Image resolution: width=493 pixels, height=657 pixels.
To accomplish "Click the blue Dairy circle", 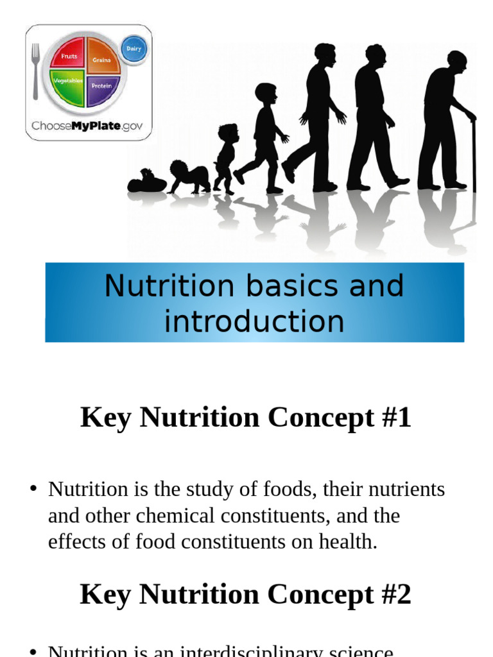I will click(134, 49).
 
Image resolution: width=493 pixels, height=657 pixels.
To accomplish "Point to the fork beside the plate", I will click(35, 71).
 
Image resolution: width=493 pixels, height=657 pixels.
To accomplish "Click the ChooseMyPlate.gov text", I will click(87, 126).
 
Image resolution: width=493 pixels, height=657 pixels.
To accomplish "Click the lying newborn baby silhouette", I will click(146, 182).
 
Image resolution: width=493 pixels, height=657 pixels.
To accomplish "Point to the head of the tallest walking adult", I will click(325, 55).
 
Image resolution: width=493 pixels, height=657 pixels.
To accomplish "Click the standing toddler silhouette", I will click(225, 157).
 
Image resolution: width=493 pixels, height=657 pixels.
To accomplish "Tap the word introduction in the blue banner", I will click(254, 321).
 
